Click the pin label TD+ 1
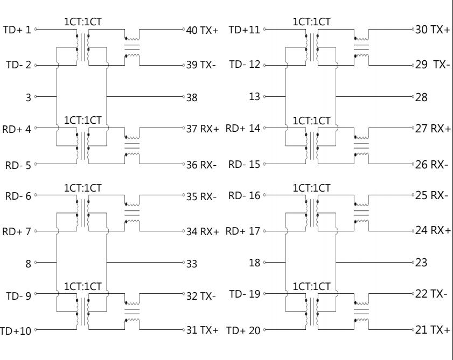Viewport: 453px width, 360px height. pyautogui.click(x=17, y=30)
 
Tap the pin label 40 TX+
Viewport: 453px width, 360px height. pyautogui.click(x=202, y=30)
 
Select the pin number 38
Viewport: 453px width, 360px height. pyautogui.click(x=192, y=97)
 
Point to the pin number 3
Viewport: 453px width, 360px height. pyautogui.click(x=29, y=97)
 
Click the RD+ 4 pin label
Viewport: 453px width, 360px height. pyautogui.click(x=17, y=129)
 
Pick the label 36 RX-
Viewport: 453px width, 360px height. pyautogui.click(x=201, y=165)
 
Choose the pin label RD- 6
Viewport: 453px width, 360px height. pyautogui.click(x=18, y=196)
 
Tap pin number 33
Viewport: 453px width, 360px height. pyautogui.click(x=192, y=264)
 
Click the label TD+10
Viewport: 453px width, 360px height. pyautogui.click(x=16, y=331)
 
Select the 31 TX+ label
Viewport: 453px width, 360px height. pyautogui.click(x=202, y=330)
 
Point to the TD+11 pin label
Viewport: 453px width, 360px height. pyautogui.click(x=245, y=30)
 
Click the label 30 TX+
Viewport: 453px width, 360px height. pyautogui.click(x=433, y=30)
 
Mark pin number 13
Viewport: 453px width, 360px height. pyautogui.click(x=255, y=96)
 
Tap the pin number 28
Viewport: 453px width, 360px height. pyautogui.click(x=421, y=97)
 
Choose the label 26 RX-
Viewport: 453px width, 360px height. pyautogui.click(x=431, y=165)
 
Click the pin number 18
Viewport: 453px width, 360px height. pyautogui.click(x=255, y=263)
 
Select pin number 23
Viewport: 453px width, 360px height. pyautogui.click(x=421, y=263)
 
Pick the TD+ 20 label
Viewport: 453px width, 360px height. pyautogui.click(x=243, y=330)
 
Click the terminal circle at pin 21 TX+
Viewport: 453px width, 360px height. pyautogui.click(x=413, y=330)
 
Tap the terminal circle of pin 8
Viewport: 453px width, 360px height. pyautogui.click(x=36, y=263)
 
